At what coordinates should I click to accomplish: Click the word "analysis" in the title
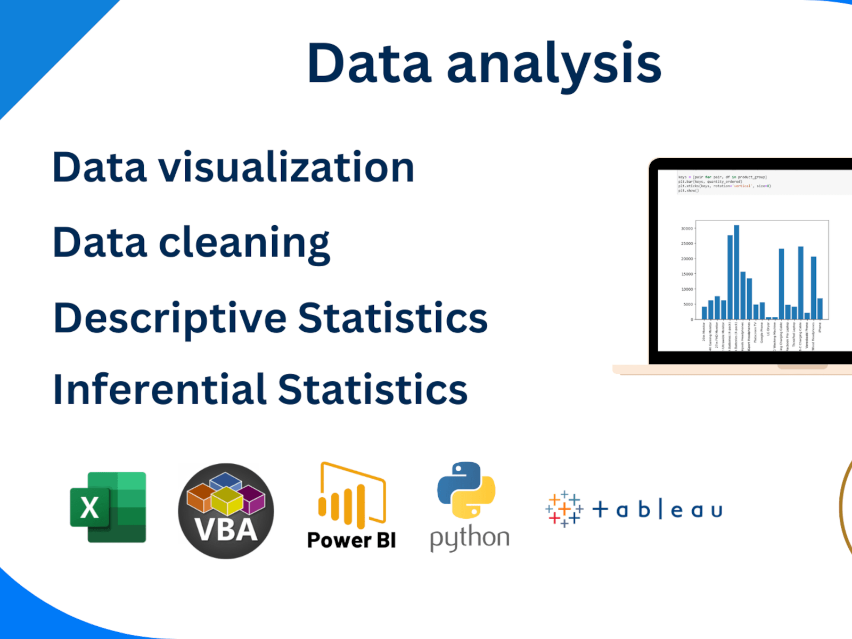coord(554,64)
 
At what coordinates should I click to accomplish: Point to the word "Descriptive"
coord(170,318)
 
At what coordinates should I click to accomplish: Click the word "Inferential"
coord(159,389)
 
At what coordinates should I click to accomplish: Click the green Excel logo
coord(108,507)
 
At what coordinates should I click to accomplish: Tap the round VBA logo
coord(226,511)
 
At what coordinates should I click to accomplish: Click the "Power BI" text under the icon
coord(351,540)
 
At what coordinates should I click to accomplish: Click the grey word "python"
coord(470,538)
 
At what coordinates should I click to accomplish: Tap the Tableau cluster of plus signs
coord(564,510)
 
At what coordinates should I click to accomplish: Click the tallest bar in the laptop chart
coord(736,272)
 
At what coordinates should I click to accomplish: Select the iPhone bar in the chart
coord(820,309)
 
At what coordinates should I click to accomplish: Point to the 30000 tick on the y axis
coord(687,228)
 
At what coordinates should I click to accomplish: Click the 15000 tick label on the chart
coord(687,274)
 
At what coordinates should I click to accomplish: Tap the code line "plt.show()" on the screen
coord(688,191)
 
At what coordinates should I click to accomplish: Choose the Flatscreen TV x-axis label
coord(756,333)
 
